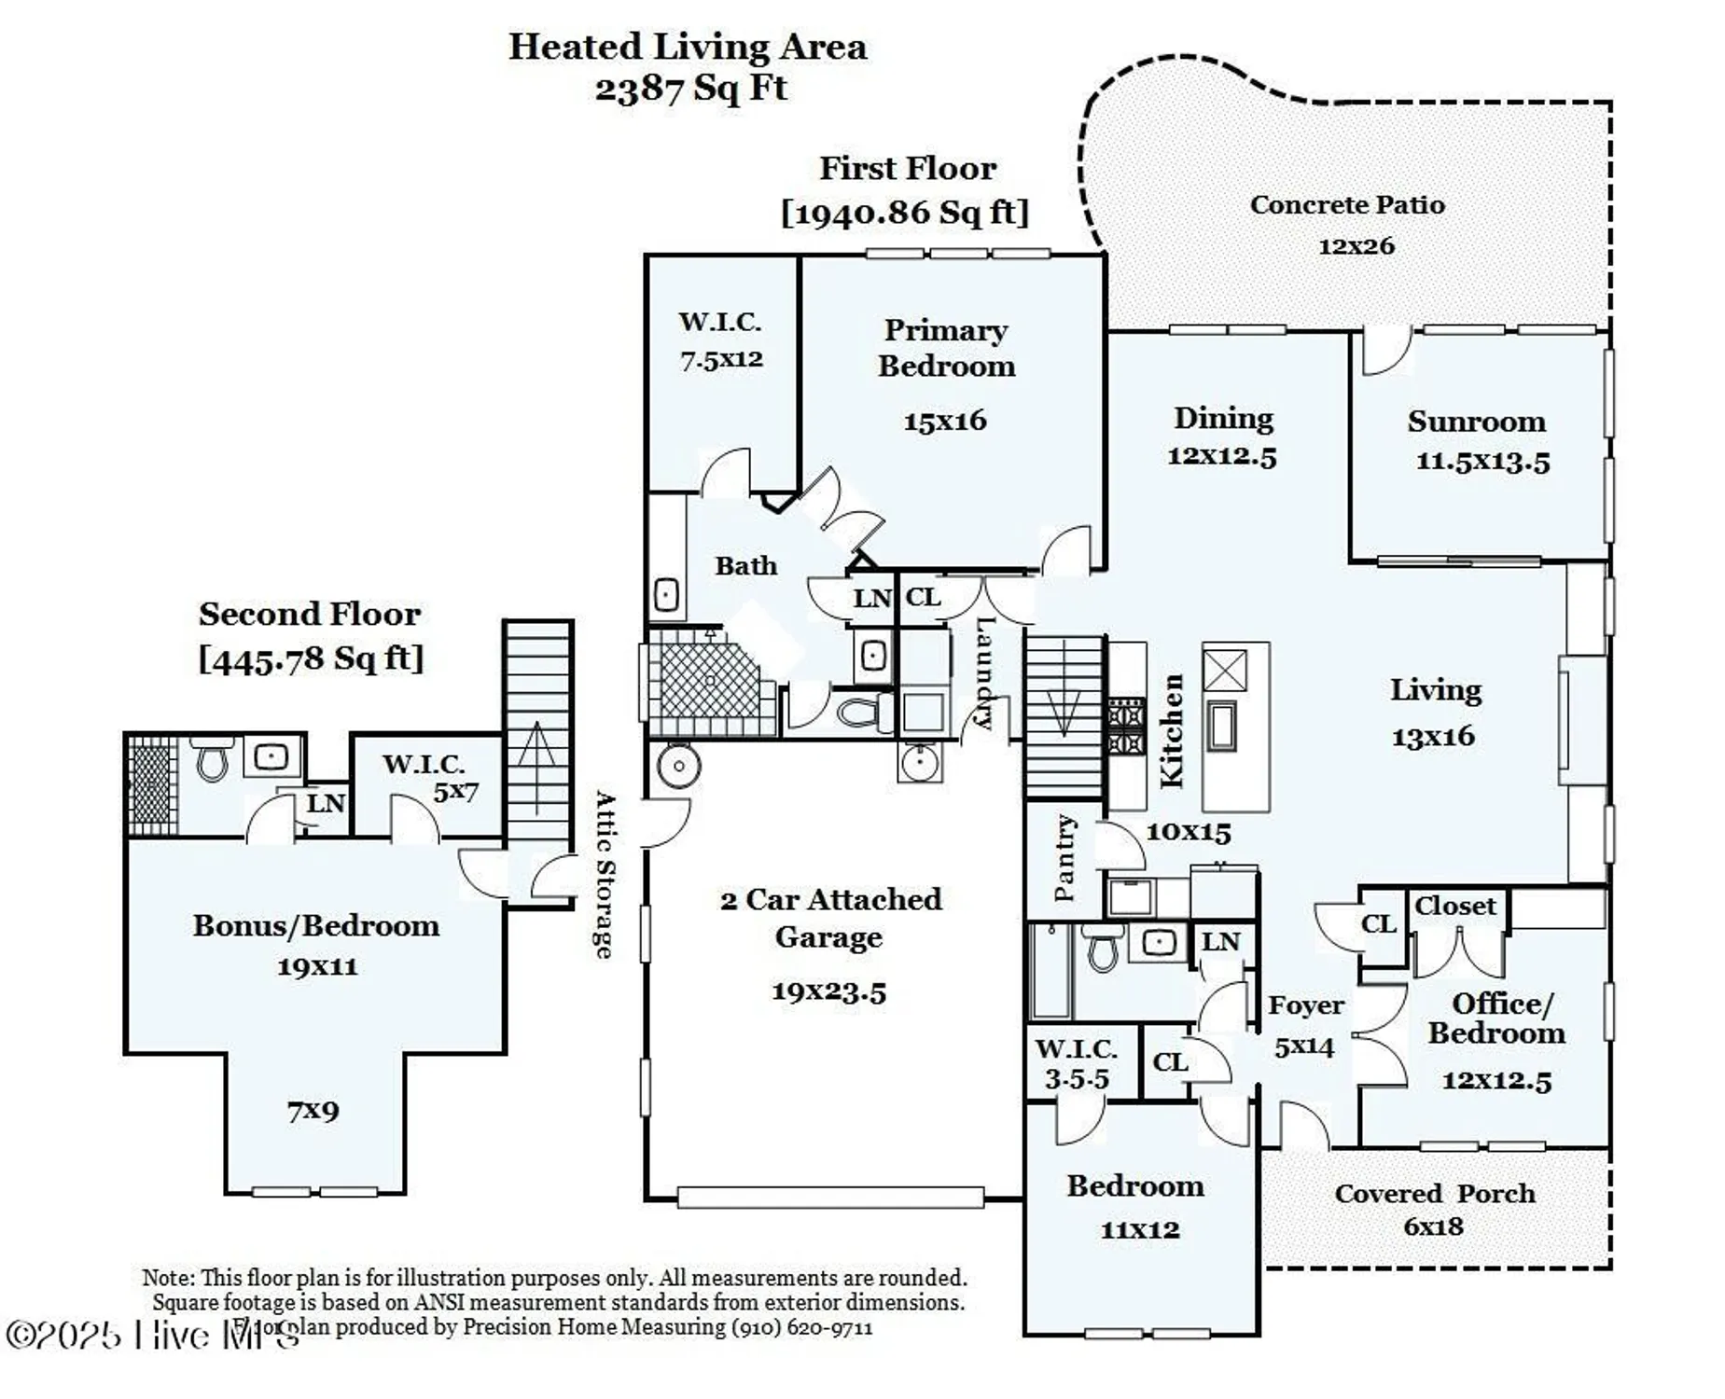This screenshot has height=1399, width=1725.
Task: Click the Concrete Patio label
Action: coord(1346,205)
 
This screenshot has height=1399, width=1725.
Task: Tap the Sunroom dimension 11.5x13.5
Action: coord(1482,462)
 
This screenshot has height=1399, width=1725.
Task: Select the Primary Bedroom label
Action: coord(945,348)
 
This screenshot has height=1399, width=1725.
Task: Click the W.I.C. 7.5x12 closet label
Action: coord(720,339)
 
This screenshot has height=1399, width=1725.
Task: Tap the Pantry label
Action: coord(1064,857)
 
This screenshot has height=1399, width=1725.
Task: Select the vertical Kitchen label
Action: coord(1171,731)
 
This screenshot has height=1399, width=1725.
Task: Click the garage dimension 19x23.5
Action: coord(828,991)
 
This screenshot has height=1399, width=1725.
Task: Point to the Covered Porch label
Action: coord(1434,1194)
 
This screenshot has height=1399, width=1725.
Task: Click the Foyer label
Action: coord(1305,1005)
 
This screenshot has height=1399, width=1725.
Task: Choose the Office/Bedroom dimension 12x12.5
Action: coord(1496,1081)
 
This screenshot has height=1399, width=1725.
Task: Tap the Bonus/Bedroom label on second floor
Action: coord(315,925)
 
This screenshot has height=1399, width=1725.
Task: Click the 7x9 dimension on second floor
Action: coord(313,1111)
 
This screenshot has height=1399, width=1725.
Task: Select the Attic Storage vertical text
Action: coord(605,875)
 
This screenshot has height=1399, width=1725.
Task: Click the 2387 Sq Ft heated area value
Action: coord(690,89)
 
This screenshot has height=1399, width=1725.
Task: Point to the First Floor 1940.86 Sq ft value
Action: coord(905,213)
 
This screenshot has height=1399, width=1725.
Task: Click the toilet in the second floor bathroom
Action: coord(212,760)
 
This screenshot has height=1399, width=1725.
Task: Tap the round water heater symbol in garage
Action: coord(678,767)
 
